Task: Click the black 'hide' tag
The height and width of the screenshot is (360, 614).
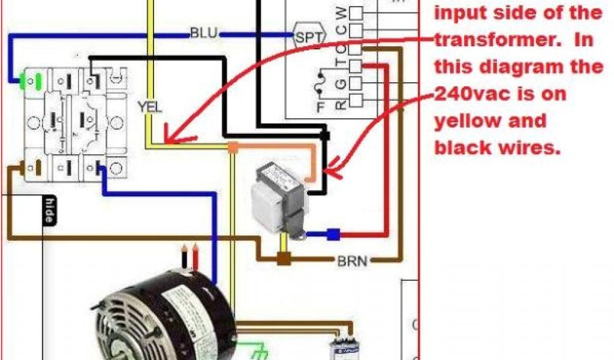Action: [50, 211]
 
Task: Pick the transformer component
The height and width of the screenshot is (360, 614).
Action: [281, 199]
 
